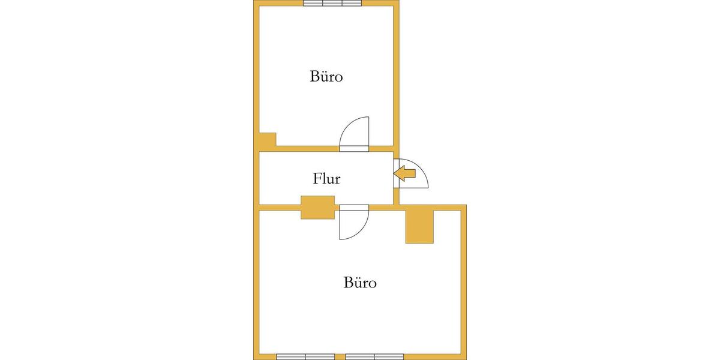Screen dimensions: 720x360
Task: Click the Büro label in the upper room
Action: click(x=326, y=77)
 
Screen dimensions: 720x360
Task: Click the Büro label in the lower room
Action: click(x=360, y=283)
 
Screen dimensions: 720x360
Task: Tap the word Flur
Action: click(x=326, y=179)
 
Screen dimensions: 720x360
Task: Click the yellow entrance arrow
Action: click(x=404, y=173)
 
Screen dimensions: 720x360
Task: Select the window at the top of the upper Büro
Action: click(x=332, y=3)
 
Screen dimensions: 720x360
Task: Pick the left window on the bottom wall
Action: click(x=305, y=357)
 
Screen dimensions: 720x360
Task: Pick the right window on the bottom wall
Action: click(x=374, y=357)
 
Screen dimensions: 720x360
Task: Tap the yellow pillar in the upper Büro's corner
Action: click(x=268, y=139)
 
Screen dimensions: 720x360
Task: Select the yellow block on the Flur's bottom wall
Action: click(x=317, y=208)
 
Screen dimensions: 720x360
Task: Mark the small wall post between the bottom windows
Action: click(x=340, y=357)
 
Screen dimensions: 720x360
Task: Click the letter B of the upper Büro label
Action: click(x=314, y=77)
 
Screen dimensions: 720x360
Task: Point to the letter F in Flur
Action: click(x=317, y=179)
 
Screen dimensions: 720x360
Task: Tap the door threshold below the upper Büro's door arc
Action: click(x=354, y=149)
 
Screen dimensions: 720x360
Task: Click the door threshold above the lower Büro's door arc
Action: click(x=354, y=208)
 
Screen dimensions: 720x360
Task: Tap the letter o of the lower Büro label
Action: click(x=372, y=284)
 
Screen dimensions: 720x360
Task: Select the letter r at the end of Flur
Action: click(x=337, y=181)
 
